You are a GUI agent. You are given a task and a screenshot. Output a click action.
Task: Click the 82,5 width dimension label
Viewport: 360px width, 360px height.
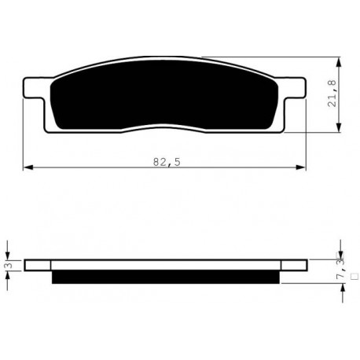(167, 162)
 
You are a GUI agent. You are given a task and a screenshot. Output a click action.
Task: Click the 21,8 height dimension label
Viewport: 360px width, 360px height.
(332, 94)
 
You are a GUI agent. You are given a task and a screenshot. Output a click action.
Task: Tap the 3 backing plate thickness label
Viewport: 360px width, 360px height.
(9, 266)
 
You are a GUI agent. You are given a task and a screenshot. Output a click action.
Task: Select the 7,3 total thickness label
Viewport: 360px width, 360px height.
(340, 269)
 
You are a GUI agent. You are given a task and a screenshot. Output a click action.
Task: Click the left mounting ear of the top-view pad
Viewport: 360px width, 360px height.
(33, 88)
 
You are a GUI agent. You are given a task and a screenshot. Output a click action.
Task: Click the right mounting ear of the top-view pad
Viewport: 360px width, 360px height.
(293, 88)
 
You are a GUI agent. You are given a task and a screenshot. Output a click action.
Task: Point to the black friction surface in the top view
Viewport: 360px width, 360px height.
(163, 95)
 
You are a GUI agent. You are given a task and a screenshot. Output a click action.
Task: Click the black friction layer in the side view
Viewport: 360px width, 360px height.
(166, 277)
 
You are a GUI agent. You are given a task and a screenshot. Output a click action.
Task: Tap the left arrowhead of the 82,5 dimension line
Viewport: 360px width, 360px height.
(28, 167)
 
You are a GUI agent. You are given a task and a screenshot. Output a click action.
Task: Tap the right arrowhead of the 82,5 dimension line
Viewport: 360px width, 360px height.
(300, 167)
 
